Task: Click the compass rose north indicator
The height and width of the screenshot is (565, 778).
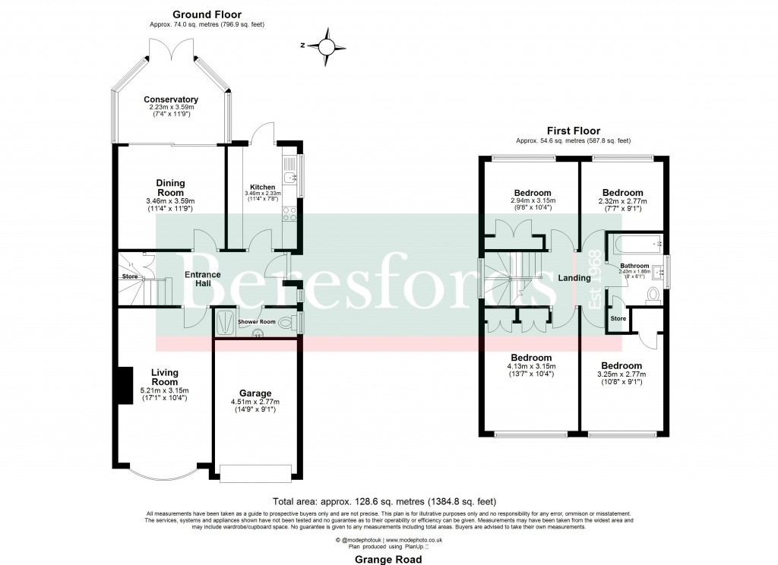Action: [327, 46]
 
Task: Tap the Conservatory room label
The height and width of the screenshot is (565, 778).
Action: [171, 99]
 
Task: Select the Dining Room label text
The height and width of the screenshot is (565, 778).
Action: [170, 188]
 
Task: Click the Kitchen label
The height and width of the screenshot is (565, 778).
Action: [262, 187]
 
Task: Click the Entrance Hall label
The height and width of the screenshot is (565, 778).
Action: [202, 279]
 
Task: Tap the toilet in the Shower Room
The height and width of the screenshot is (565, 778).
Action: [286, 323]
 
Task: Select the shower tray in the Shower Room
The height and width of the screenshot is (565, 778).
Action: [225, 323]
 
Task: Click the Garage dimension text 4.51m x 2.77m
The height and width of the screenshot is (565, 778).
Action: [255, 402]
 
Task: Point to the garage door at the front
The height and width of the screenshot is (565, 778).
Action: [255, 472]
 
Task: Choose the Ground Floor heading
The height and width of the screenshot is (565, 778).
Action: [196, 14]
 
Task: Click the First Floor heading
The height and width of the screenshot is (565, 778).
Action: [573, 131]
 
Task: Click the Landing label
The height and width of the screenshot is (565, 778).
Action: [574, 278]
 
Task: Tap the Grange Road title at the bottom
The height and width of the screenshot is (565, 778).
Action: [388, 559]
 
